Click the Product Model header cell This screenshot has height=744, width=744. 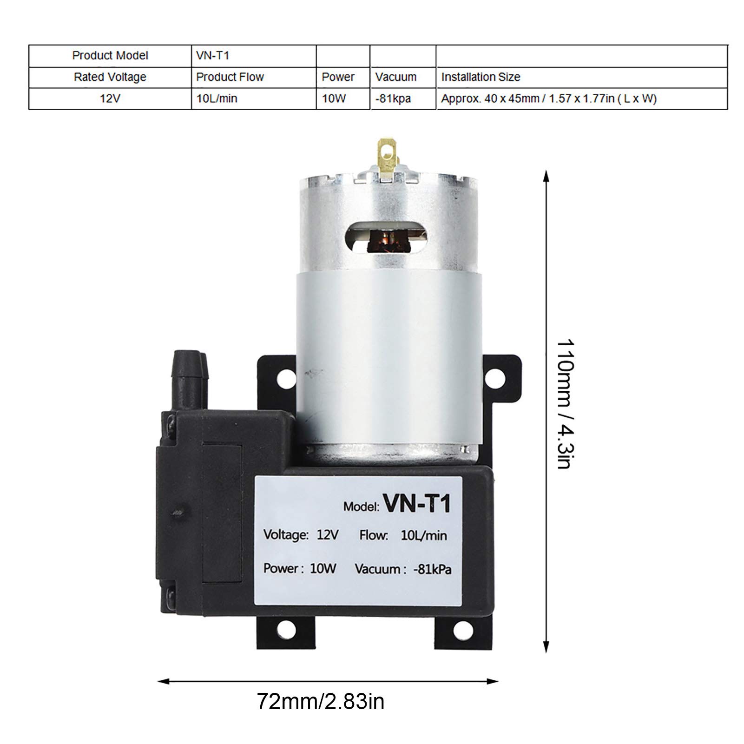pos(110,56)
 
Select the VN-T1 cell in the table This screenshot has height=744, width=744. pos(213,56)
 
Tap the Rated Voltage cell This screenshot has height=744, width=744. pos(110,77)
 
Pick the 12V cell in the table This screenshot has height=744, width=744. pos(110,99)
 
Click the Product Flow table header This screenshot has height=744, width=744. pos(230,77)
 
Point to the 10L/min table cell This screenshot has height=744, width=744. pos(217,99)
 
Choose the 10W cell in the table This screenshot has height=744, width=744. pos(334,99)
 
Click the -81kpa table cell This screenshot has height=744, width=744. pos(393,99)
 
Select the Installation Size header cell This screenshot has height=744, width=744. pos(481,77)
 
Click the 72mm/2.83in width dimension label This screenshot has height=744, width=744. pos(321,701)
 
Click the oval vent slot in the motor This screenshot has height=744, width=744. pos(388,237)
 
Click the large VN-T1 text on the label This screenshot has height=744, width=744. pos(416,503)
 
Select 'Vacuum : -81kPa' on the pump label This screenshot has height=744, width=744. pos(403,569)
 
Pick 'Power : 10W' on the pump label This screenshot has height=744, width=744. pos(300,568)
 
